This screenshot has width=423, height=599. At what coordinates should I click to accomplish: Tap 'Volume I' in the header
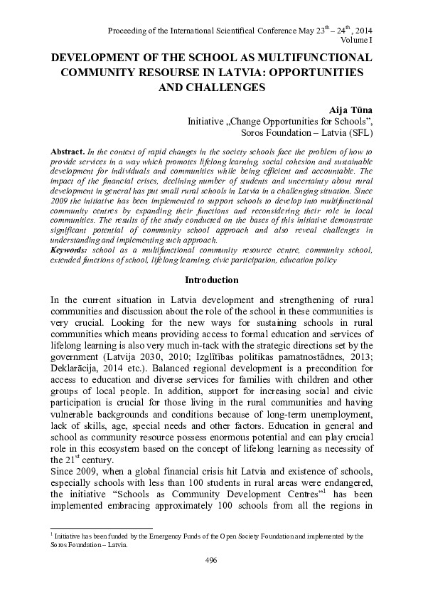tap(357, 41)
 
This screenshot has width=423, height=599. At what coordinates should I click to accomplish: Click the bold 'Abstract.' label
tap(68, 153)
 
